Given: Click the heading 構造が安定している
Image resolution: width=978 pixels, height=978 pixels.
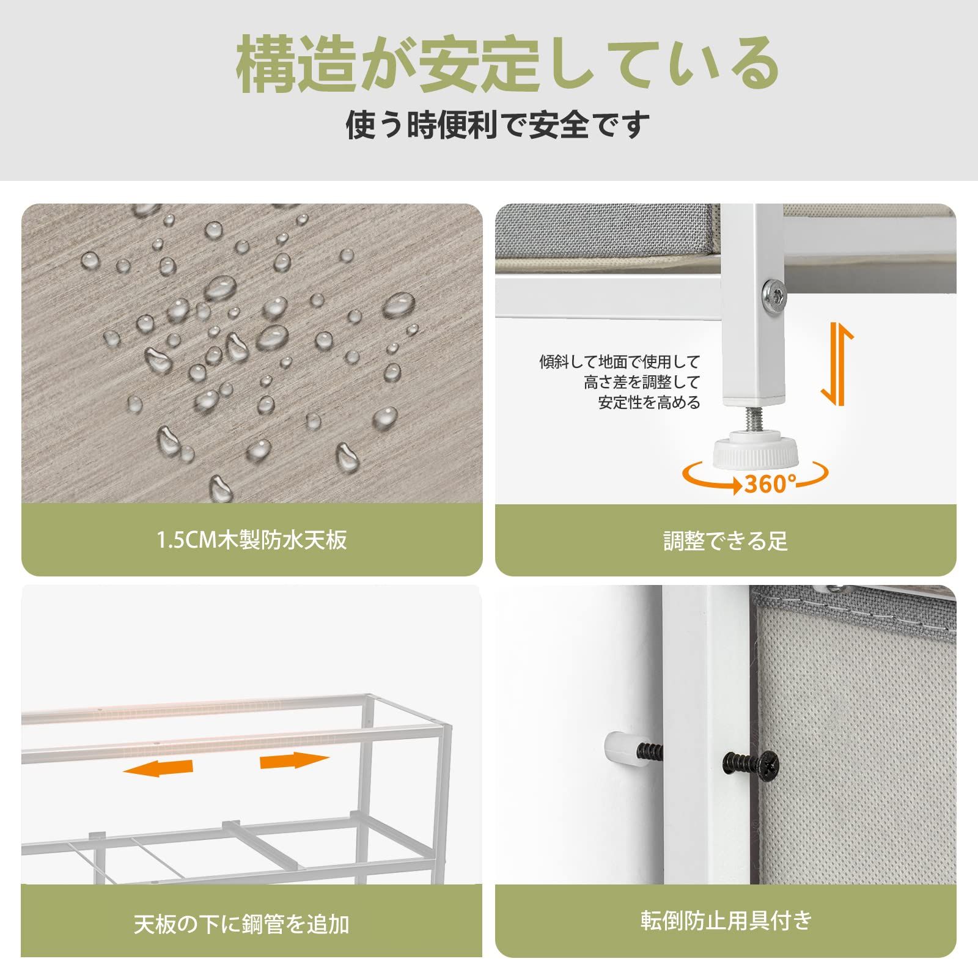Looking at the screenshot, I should coord(507,65).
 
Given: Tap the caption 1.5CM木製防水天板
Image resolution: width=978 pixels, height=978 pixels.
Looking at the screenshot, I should coord(252,540).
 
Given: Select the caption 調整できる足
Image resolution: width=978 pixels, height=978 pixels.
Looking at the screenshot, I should coord(726,541).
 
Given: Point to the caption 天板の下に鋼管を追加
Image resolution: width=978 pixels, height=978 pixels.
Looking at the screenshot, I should coord(241,924).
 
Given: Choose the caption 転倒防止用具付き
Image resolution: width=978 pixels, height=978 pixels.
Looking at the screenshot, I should coord(726,920).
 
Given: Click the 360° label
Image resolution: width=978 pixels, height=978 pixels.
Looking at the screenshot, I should coord(770,484).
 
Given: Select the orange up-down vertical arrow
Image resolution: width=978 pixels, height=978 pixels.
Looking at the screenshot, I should coord(837,365).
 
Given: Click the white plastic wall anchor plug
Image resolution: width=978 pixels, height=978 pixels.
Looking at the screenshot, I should coord(622,750).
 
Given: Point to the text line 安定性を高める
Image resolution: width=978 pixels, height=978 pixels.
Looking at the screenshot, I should coord(649,403).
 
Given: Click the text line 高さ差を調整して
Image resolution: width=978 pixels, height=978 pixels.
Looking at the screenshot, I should coord(641,383).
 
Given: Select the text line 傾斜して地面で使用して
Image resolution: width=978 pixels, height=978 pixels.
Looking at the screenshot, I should coord(619,362).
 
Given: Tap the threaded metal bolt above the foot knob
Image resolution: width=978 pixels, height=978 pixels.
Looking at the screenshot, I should coord(754,419).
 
